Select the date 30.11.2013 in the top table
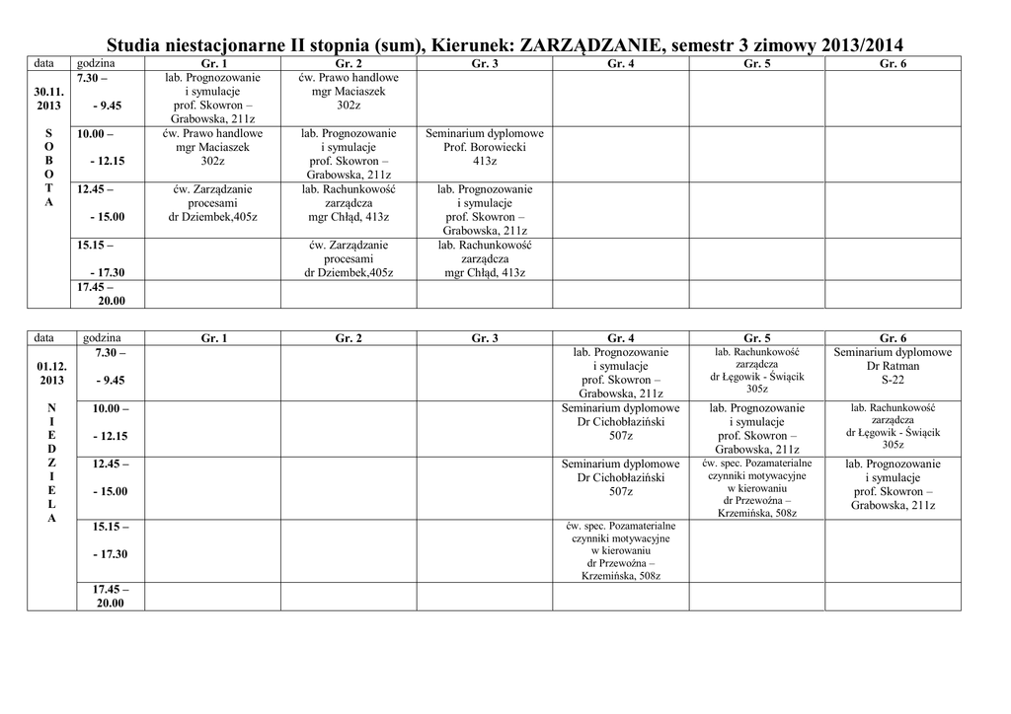(x=49, y=97)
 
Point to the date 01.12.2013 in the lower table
(x=51, y=373)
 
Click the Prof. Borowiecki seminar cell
(x=485, y=147)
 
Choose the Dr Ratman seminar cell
(x=893, y=366)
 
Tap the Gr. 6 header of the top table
(x=893, y=63)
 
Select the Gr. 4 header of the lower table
(x=621, y=338)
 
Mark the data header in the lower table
(x=44, y=338)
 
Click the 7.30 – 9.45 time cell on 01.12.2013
(x=110, y=366)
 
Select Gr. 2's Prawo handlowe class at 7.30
(x=349, y=91)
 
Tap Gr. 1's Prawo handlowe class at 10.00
(x=212, y=147)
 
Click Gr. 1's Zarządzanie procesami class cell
(x=212, y=203)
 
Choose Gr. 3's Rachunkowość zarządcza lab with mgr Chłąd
(x=485, y=258)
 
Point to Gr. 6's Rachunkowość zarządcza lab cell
(x=893, y=426)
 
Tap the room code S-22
(x=893, y=380)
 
